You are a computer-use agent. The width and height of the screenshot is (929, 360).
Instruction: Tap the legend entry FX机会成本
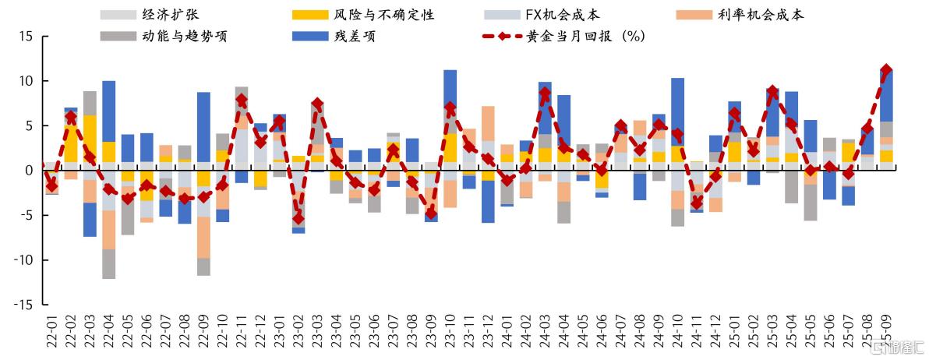coord(562,15)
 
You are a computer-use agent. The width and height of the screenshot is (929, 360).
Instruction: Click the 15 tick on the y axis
coord(25,36)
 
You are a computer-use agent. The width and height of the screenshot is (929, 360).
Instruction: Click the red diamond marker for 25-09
coord(886,69)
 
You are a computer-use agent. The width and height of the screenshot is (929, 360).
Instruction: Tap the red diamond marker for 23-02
coord(298,218)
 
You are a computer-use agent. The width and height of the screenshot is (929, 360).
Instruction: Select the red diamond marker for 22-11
coord(241,100)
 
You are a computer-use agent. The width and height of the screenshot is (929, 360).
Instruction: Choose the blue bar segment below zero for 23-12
coord(488,202)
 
